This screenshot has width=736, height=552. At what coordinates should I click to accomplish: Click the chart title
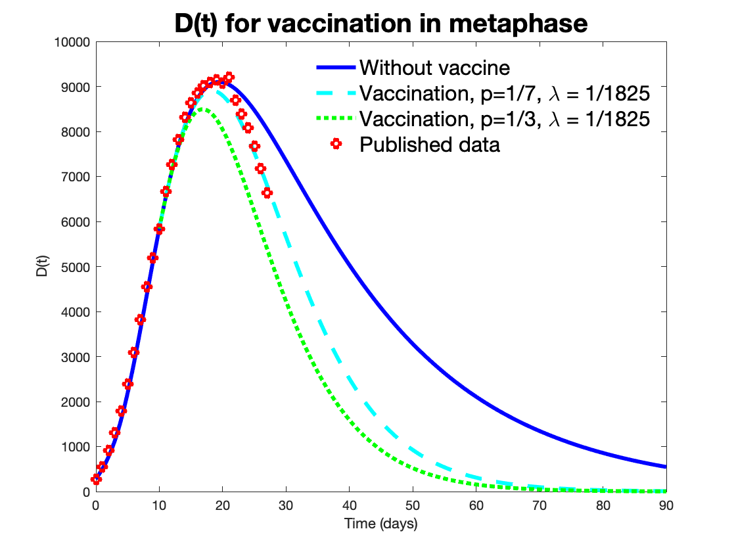click(x=380, y=24)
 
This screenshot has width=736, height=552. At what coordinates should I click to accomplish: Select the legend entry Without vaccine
click(x=434, y=68)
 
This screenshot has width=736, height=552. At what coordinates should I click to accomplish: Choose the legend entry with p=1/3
click(x=505, y=119)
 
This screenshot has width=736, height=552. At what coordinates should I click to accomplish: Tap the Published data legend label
click(x=429, y=145)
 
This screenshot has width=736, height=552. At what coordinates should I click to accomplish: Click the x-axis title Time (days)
click(x=380, y=524)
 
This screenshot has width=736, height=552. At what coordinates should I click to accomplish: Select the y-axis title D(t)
click(x=41, y=267)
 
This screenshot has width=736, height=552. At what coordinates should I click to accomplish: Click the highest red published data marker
click(x=229, y=77)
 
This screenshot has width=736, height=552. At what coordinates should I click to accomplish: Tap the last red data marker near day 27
click(x=267, y=193)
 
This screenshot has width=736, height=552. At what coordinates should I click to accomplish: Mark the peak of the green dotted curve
click(x=204, y=109)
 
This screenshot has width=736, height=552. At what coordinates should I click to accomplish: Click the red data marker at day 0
click(x=96, y=480)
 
